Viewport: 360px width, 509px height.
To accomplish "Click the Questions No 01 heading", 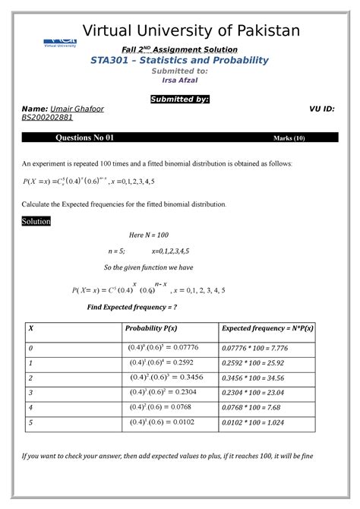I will coord(90,138).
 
